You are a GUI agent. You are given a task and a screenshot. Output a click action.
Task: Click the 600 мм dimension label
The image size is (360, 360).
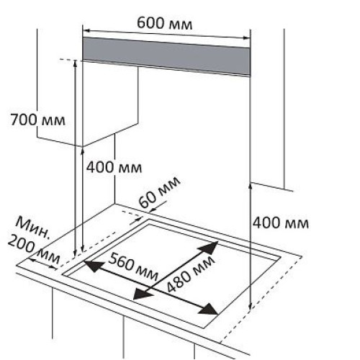point(165,24)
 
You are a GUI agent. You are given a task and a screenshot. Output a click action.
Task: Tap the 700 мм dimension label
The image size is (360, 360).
point(37,120)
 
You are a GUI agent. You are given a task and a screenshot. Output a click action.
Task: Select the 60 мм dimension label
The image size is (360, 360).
point(159,192)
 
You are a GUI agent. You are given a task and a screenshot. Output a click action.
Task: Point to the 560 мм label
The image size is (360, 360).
point(133,267)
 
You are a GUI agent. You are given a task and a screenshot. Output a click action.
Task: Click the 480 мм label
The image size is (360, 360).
point(190,274)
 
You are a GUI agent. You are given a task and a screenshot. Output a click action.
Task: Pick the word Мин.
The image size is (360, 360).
point(32,228)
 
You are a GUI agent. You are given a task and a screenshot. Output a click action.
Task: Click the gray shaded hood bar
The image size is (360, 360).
point(166,56)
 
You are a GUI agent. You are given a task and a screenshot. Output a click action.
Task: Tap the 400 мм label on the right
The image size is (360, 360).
point(281,223)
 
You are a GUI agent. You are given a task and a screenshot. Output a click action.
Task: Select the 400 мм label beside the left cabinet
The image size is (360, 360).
point(114,167)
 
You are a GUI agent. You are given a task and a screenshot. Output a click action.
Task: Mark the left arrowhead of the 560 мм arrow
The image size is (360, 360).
point(94,266)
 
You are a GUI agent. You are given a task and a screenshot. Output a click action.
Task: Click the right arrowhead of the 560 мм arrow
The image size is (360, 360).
point(209,310)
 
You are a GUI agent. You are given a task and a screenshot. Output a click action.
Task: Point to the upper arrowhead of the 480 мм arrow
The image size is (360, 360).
point(209,247)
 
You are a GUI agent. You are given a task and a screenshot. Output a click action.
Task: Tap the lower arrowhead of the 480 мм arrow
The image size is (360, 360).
point(142,294)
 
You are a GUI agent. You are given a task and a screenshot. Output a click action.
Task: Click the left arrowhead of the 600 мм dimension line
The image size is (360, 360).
point(86,31)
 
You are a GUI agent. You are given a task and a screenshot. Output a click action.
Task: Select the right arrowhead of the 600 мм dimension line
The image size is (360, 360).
point(247,37)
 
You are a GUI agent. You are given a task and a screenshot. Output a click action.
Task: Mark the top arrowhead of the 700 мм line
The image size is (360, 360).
point(76,63)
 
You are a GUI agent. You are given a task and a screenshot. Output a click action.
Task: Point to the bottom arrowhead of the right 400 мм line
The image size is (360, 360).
point(250,307)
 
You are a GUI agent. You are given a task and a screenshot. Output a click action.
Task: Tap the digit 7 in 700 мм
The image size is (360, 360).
point(14,120)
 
